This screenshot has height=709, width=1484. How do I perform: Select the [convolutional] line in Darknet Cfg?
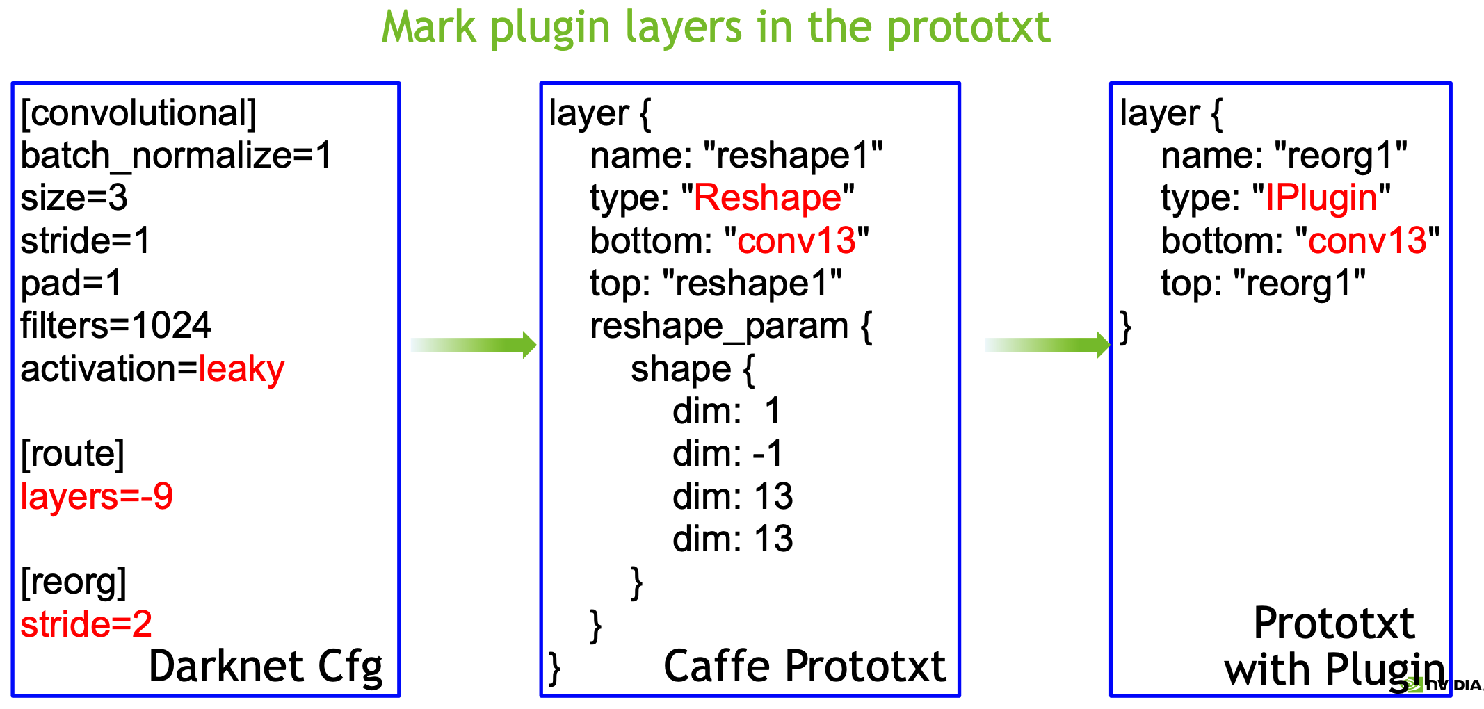[x=138, y=113]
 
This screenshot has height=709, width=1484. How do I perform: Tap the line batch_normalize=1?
[x=177, y=156]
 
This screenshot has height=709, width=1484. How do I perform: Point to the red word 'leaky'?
[x=241, y=369]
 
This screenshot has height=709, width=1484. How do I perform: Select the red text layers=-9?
[x=97, y=496]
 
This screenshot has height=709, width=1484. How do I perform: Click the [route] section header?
[x=72, y=454]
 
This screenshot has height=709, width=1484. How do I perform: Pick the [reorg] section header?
[x=74, y=582]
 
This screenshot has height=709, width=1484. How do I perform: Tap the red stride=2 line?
[x=86, y=624]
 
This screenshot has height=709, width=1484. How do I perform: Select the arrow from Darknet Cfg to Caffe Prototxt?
[x=474, y=345]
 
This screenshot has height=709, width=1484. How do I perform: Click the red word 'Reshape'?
[x=768, y=198]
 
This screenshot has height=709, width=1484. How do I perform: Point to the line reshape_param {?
[x=731, y=327]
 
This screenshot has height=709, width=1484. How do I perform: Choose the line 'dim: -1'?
[x=727, y=454]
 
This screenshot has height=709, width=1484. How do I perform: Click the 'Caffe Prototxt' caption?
[x=805, y=667]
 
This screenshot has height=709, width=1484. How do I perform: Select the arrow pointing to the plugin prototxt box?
[x=1047, y=345]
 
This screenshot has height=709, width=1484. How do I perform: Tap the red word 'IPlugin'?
[x=1321, y=198]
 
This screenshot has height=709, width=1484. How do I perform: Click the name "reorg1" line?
[x=1284, y=156]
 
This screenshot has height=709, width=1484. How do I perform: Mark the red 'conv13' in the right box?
[x=1367, y=241]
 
